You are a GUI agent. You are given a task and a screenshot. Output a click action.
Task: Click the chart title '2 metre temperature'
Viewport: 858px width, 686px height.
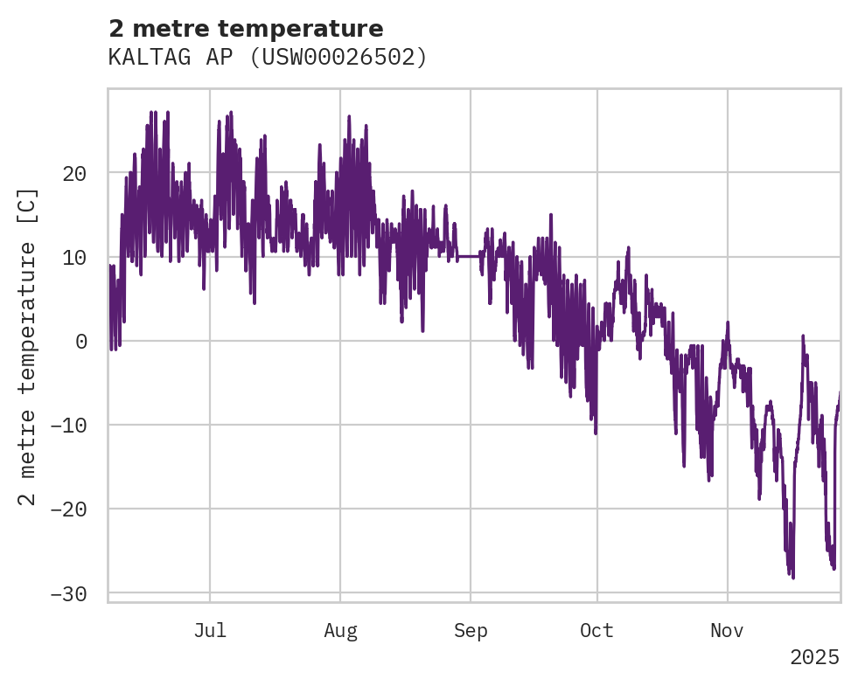246,29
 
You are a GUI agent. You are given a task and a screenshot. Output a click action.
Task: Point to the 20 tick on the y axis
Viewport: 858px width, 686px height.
74,173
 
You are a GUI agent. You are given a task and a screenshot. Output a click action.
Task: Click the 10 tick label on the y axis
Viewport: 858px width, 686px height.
74,257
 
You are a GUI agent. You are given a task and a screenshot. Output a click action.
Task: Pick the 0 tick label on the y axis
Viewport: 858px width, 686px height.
80,341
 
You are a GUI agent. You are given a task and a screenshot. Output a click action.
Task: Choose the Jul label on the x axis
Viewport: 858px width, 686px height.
210,631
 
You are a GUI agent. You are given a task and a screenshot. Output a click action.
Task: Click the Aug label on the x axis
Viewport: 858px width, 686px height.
340,631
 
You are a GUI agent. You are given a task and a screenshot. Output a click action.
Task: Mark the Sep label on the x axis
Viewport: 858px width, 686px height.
471,631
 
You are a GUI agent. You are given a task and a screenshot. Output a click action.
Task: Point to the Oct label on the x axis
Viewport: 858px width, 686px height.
596,631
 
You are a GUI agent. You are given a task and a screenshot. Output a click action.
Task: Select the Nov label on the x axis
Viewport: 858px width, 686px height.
727,631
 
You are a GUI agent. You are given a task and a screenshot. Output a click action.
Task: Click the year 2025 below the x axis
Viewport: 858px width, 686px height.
814,657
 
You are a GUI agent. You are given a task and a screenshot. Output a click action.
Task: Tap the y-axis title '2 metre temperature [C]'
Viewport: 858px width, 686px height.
28,346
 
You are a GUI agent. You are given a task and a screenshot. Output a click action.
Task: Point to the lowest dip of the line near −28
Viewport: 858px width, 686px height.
792,577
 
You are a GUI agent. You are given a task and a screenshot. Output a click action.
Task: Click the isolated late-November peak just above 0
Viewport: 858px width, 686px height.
803,336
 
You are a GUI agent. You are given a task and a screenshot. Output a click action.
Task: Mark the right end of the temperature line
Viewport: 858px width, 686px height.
840,393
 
